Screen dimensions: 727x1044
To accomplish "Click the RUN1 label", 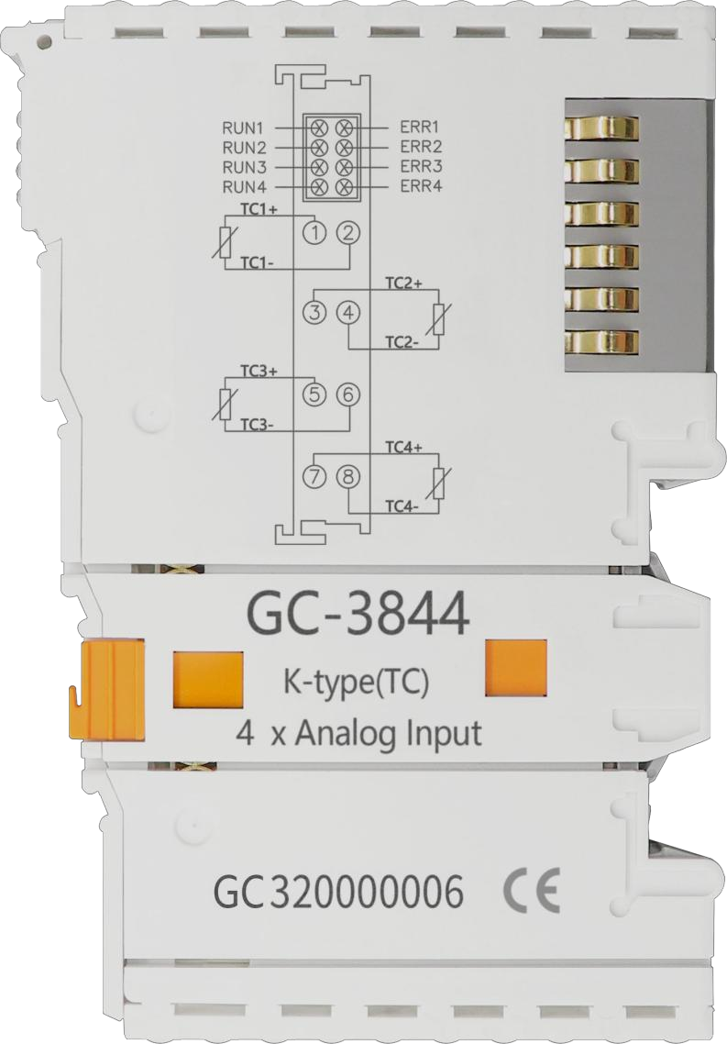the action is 244,126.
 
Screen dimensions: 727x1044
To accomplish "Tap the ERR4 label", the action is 421,185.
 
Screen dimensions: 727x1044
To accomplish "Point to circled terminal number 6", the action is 347,394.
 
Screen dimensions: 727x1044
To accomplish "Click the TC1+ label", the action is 259,209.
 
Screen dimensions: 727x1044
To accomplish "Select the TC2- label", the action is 402,342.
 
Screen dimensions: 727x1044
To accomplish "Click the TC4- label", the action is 402,507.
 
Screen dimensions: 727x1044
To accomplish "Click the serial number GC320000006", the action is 338,894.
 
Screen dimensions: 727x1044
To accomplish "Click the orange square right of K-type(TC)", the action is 516,668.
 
